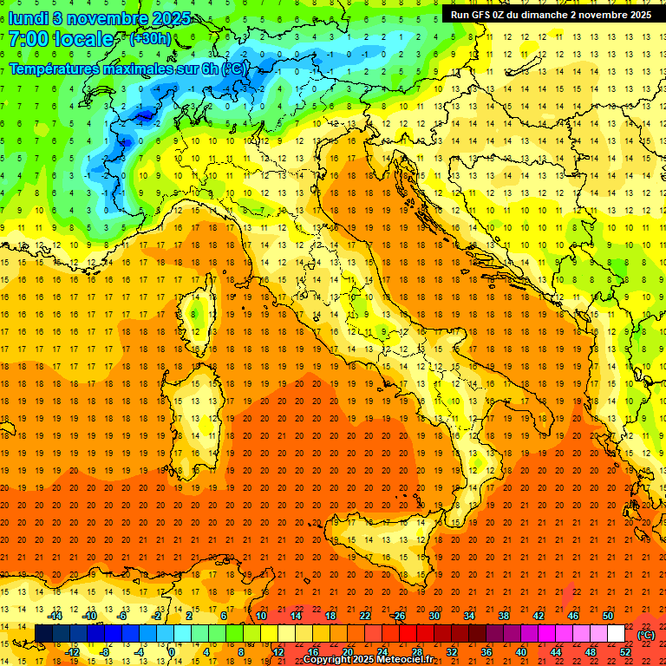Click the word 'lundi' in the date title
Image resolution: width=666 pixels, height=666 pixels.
(x=29, y=16)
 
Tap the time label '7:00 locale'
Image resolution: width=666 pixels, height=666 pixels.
(x=61, y=39)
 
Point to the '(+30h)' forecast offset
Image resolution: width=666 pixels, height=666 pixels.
(x=149, y=39)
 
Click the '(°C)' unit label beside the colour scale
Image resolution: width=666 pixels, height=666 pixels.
(x=646, y=634)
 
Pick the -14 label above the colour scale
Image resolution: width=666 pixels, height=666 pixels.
(x=55, y=616)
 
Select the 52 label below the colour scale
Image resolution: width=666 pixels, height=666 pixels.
(x=624, y=651)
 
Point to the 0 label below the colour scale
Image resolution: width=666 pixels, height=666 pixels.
(x=172, y=651)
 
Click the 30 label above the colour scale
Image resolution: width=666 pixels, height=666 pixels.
(x=434, y=616)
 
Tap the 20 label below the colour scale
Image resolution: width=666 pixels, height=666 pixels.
(x=347, y=651)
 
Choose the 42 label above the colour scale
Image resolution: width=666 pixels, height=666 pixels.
(x=538, y=616)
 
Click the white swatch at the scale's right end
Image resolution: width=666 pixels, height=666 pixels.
(x=616, y=633)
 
